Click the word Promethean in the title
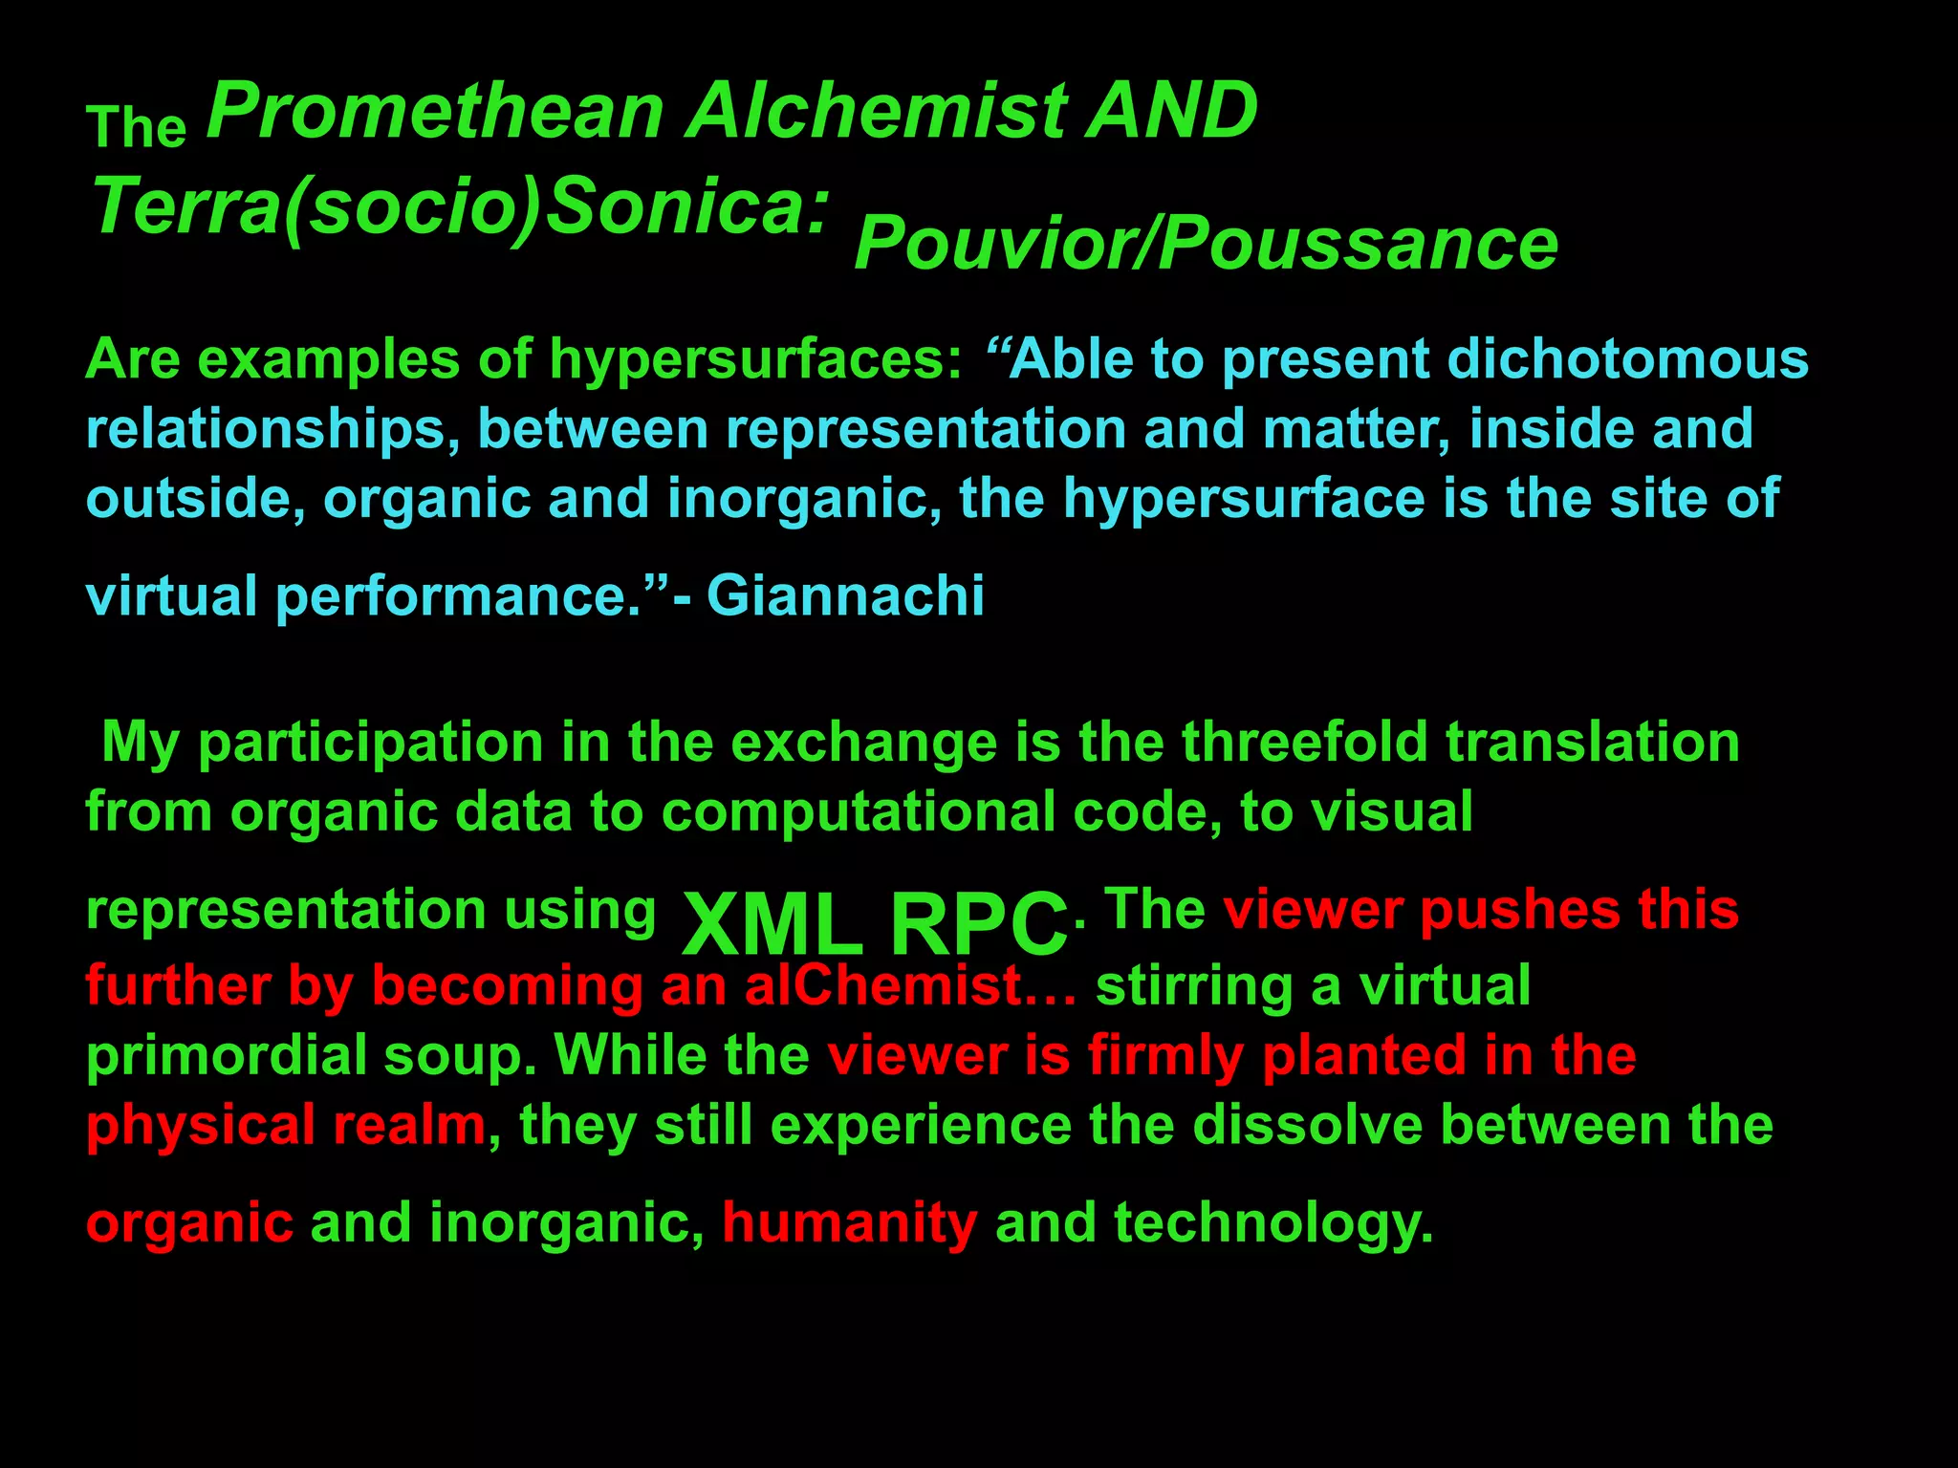coord(435,112)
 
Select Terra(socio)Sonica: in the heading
coord(460,207)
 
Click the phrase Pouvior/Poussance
coord(1206,245)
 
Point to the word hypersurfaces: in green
coord(755,360)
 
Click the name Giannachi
coord(845,596)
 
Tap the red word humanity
coord(850,1222)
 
